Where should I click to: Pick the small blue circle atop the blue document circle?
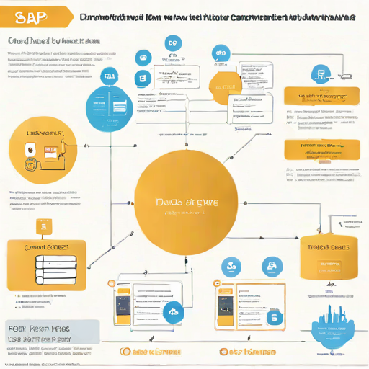110,74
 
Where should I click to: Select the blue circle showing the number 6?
273,317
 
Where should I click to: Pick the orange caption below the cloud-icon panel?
152,352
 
